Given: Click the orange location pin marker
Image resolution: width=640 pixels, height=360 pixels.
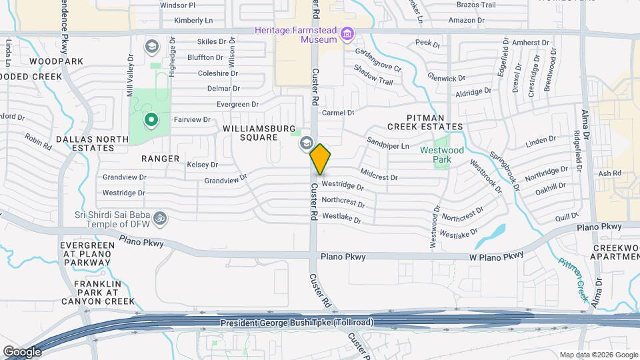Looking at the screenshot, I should click(321, 159).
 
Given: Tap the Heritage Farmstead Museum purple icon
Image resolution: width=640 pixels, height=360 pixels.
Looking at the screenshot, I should click(347, 34).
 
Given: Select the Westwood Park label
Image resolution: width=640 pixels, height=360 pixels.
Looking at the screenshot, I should click(441, 155).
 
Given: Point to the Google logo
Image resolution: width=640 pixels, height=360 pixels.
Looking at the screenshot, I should click(21, 351).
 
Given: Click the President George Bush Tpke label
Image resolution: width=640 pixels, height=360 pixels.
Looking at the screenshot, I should click(297, 323).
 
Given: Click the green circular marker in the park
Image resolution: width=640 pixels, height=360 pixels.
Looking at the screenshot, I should click(151, 120).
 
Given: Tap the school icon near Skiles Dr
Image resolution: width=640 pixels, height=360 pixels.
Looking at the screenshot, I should click(152, 46).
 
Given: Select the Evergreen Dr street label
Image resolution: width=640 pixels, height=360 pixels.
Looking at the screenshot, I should click(237, 105).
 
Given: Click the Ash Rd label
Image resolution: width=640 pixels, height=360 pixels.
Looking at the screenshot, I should click(609, 173).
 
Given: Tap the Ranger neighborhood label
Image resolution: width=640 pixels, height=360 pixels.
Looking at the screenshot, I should click(160, 158).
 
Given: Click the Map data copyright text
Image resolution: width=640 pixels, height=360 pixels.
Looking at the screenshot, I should click(598, 355).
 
